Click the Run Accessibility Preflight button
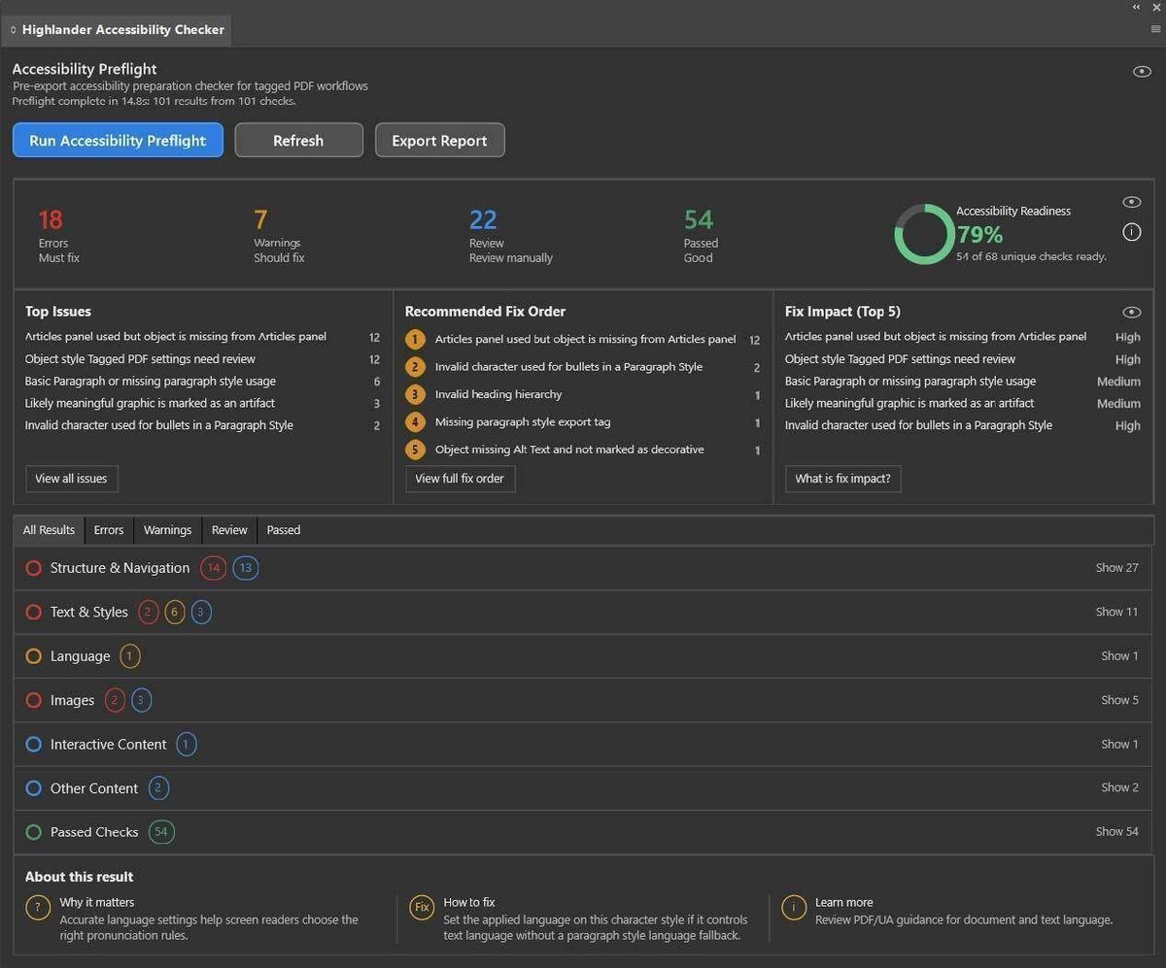click(x=118, y=140)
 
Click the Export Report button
click(x=439, y=140)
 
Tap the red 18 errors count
click(x=51, y=219)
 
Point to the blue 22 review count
click(x=483, y=219)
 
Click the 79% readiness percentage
click(x=980, y=234)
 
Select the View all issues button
click(x=72, y=478)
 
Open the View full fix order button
click(x=460, y=478)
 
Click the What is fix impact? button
click(x=842, y=478)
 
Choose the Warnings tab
click(x=167, y=529)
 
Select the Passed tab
click(x=284, y=529)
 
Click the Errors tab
click(x=108, y=529)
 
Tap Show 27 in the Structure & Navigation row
click(x=1116, y=567)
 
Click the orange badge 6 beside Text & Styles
click(x=174, y=612)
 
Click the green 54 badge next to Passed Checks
click(x=161, y=832)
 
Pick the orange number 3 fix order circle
click(x=415, y=394)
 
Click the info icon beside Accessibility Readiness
click(x=1131, y=231)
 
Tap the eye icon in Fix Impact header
click(x=1131, y=312)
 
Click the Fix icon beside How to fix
click(x=422, y=907)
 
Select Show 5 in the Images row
click(x=1119, y=700)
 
